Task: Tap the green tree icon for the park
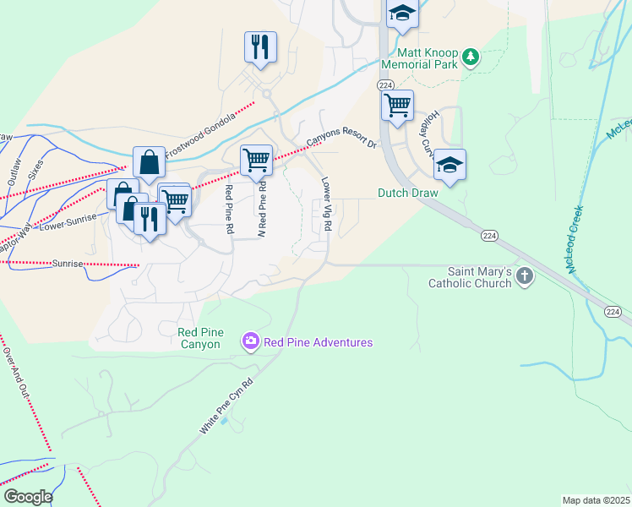471,58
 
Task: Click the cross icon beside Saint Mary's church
525,275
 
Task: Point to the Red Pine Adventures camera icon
251,342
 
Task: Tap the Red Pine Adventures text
318,342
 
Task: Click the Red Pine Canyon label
199,338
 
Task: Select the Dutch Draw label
407,193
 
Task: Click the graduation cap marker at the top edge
402,14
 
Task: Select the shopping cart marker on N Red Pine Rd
255,159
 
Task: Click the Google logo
28,497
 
